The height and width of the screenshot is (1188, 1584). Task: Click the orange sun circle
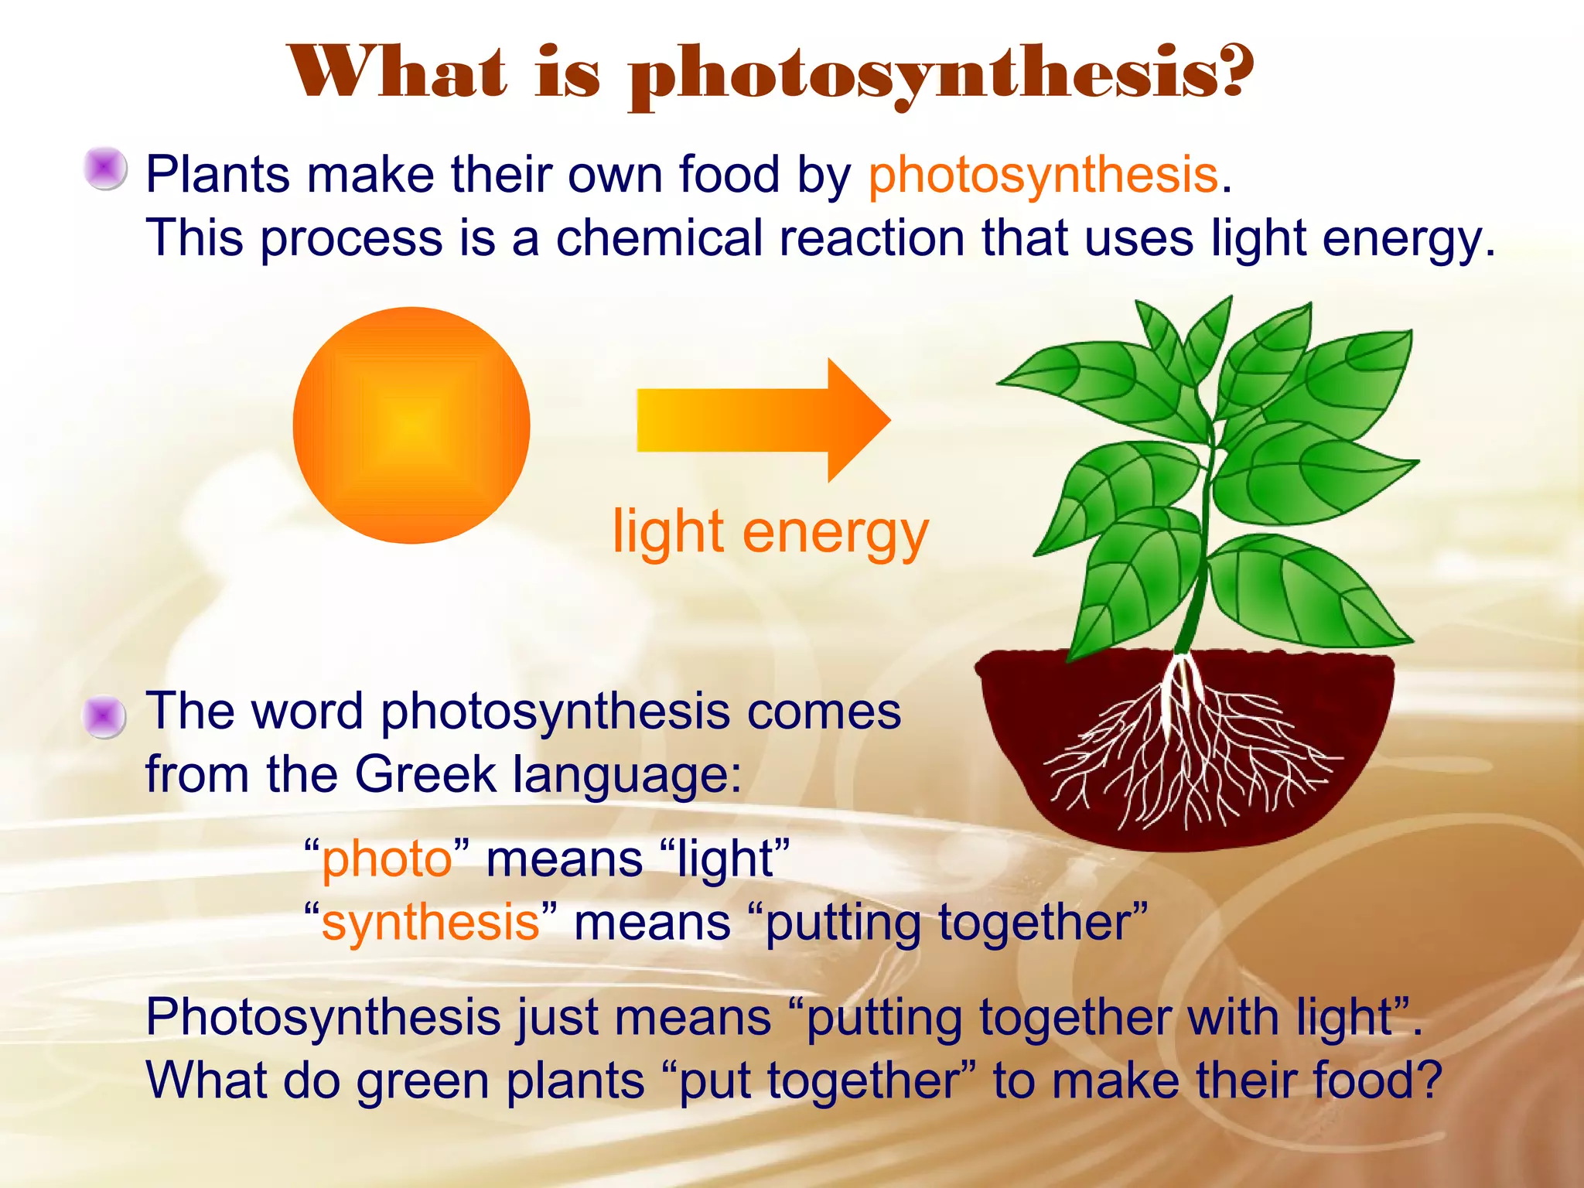point(411,425)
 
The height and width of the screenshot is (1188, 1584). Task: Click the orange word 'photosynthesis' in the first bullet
point(1043,176)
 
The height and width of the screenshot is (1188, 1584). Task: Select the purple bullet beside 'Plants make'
point(105,169)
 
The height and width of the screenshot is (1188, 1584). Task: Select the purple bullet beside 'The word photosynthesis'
point(104,717)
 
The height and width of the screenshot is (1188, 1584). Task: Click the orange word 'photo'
point(387,859)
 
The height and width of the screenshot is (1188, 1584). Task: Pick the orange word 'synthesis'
point(430,923)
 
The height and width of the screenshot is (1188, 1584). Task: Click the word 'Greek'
point(425,774)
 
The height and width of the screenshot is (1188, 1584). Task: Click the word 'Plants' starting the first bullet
point(217,176)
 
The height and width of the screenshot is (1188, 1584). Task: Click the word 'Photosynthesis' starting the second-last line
point(323,1017)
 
